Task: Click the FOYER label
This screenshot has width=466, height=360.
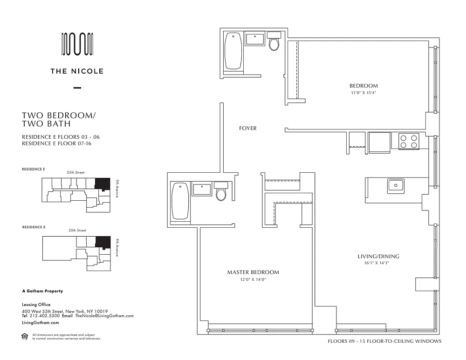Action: point(247,129)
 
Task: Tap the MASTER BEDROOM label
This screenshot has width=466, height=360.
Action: point(253,272)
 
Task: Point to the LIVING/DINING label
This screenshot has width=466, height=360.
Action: point(378,256)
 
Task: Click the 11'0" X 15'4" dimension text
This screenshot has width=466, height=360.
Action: point(363,93)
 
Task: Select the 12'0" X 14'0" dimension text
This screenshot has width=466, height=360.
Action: point(253,279)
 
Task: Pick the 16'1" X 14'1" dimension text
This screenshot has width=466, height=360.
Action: point(376,263)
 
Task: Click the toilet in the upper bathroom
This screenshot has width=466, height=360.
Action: point(274,41)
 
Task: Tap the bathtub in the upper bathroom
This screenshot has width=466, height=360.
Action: point(233,51)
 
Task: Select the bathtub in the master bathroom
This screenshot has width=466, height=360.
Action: point(180,201)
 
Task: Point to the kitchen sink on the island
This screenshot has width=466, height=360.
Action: point(396,186)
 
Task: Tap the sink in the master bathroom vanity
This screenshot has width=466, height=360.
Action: point(202,190)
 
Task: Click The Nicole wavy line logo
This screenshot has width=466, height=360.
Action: point(77,44)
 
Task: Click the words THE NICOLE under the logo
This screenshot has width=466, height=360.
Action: point(77,71)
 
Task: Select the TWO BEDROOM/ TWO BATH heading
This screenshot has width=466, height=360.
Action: point(59,119)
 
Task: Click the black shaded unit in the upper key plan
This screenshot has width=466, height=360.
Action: point(103,184)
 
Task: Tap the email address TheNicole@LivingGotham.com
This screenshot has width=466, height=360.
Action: point(104,316)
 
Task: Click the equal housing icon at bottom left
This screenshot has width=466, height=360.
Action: point(25,337)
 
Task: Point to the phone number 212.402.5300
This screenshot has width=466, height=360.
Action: point(45,316)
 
